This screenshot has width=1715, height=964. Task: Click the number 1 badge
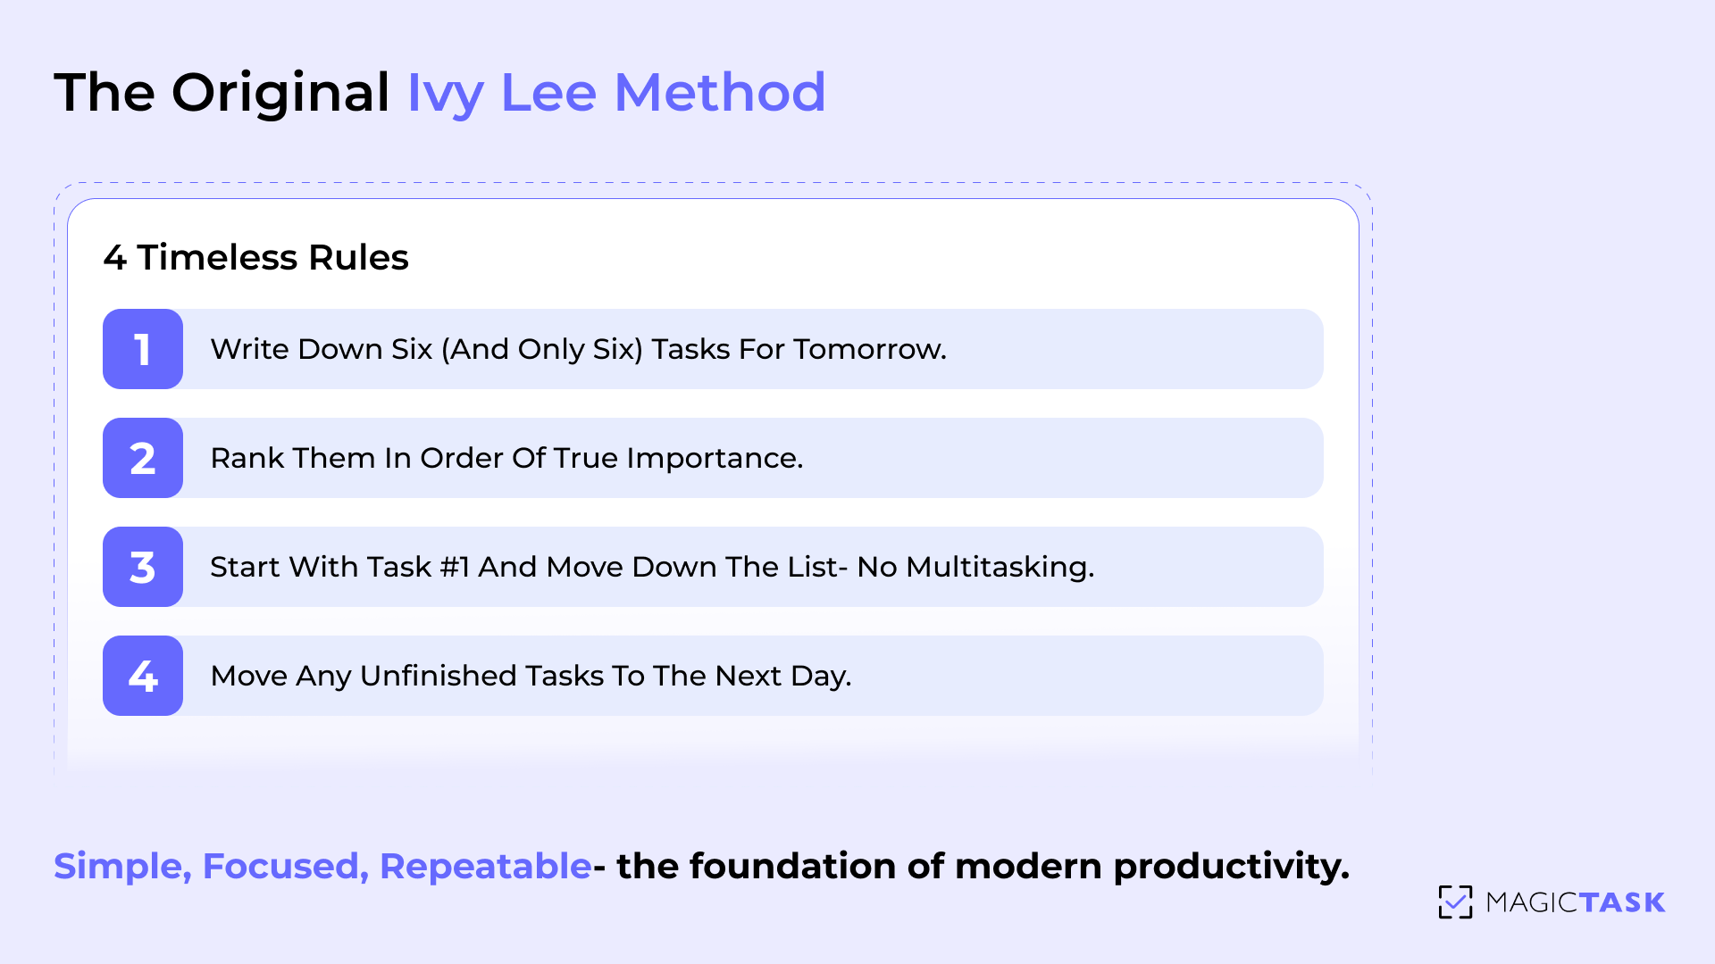(143, 349)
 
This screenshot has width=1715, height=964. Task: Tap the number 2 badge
(143, 458)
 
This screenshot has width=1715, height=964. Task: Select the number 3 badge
(143, 567)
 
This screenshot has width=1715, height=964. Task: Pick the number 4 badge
(143, 676)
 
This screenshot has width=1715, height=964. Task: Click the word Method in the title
(720, 92)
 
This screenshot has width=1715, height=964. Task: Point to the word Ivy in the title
(445, 94)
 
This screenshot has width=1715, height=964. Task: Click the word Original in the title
(280, 94)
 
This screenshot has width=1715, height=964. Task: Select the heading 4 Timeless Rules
(255, 257)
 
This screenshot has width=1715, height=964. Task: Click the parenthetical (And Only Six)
(542, 349)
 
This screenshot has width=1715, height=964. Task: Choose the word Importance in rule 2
(714, 458)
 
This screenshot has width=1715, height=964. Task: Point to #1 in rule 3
(455, 567)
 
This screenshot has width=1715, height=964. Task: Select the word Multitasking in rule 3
(999, 567)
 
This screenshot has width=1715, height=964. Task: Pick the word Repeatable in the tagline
(485, 866)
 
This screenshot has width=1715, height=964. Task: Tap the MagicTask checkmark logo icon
(1455, 902)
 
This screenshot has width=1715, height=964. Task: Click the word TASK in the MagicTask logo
(1621, 902)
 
